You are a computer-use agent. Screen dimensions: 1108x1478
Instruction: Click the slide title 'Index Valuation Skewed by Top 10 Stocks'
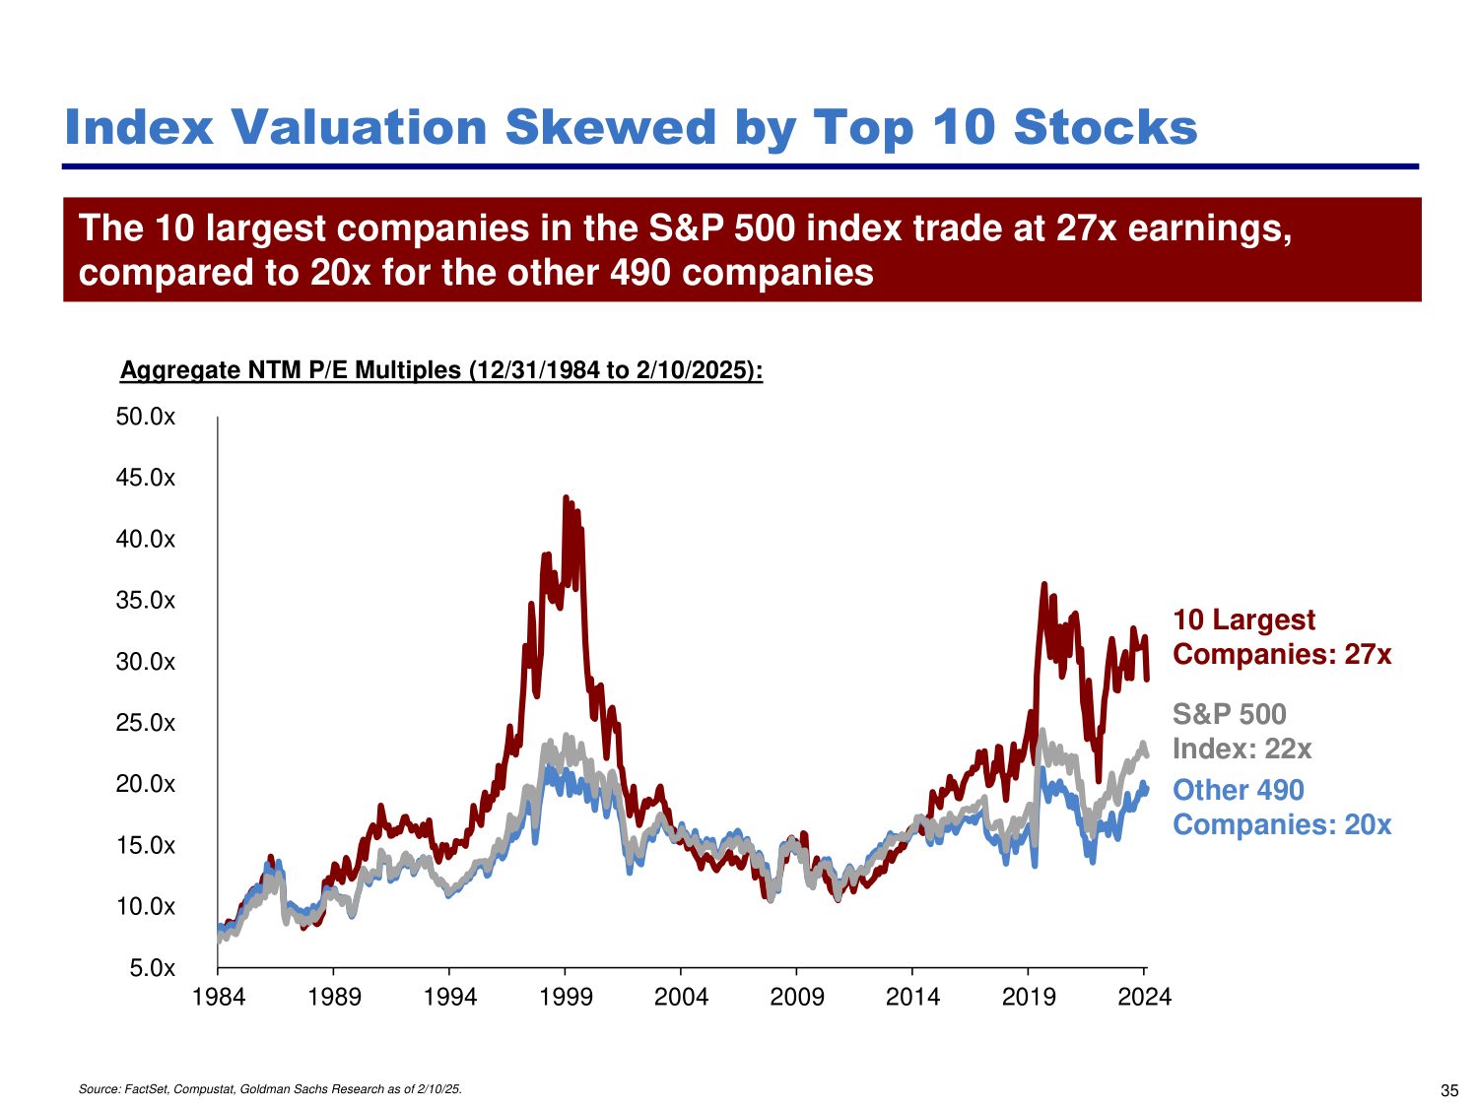click(631, 127)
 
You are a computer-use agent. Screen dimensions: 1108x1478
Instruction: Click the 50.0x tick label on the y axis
click(145, 417)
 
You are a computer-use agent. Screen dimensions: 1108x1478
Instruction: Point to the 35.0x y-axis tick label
click(145, 601)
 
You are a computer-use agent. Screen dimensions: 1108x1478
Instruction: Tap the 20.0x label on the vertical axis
click(145, 784)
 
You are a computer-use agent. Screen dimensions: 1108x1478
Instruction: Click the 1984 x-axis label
click(219, 997)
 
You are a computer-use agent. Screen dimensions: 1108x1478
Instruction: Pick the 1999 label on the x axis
click(566, 997)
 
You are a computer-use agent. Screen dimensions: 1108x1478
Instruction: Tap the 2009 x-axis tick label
click(797, 997)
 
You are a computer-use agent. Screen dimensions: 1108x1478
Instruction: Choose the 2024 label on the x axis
click(1144, 997)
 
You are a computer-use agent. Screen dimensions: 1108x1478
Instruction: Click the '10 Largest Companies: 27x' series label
click(1281, 636)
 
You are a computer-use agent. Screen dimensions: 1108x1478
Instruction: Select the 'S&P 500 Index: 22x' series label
click(1242, 731)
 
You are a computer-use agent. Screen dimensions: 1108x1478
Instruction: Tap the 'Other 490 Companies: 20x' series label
click(1281, 807)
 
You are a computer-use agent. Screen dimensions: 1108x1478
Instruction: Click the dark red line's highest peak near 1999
click(566, 497)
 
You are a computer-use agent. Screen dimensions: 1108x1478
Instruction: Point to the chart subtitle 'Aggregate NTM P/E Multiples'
click(440, 370)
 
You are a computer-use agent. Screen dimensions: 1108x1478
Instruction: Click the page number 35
click(1449, 1090)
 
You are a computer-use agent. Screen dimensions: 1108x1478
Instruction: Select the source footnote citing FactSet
click(270, 1089)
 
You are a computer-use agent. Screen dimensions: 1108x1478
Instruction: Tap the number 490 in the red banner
click(640, 272)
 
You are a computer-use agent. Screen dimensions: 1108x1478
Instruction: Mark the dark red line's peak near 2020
click(1044, 584)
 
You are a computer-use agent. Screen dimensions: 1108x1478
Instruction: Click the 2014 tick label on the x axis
click(912, 997)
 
